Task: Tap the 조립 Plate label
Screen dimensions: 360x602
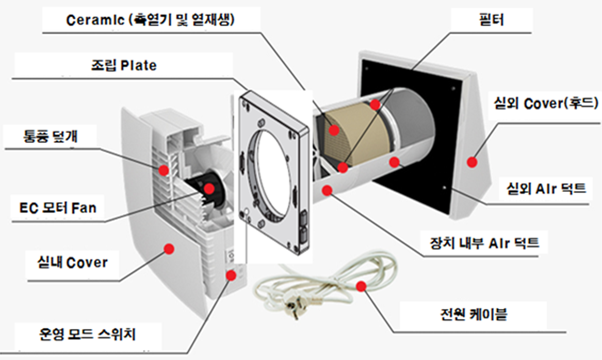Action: [x=123, y=65]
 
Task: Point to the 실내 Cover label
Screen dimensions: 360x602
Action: [x=72, y=263]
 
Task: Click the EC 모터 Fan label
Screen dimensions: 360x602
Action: [x=58, y=208]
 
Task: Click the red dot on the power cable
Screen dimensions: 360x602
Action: [x=361, y=286]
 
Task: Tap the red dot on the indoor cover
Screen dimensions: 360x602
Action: [x=169, y=248]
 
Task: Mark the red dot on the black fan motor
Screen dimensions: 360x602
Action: [x=209, y=188]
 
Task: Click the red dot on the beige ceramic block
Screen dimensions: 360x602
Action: [x=334, y=130]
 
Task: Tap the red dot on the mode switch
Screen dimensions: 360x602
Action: [x=231, y=275]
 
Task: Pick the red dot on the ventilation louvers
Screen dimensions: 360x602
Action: [x=163, y=170]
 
